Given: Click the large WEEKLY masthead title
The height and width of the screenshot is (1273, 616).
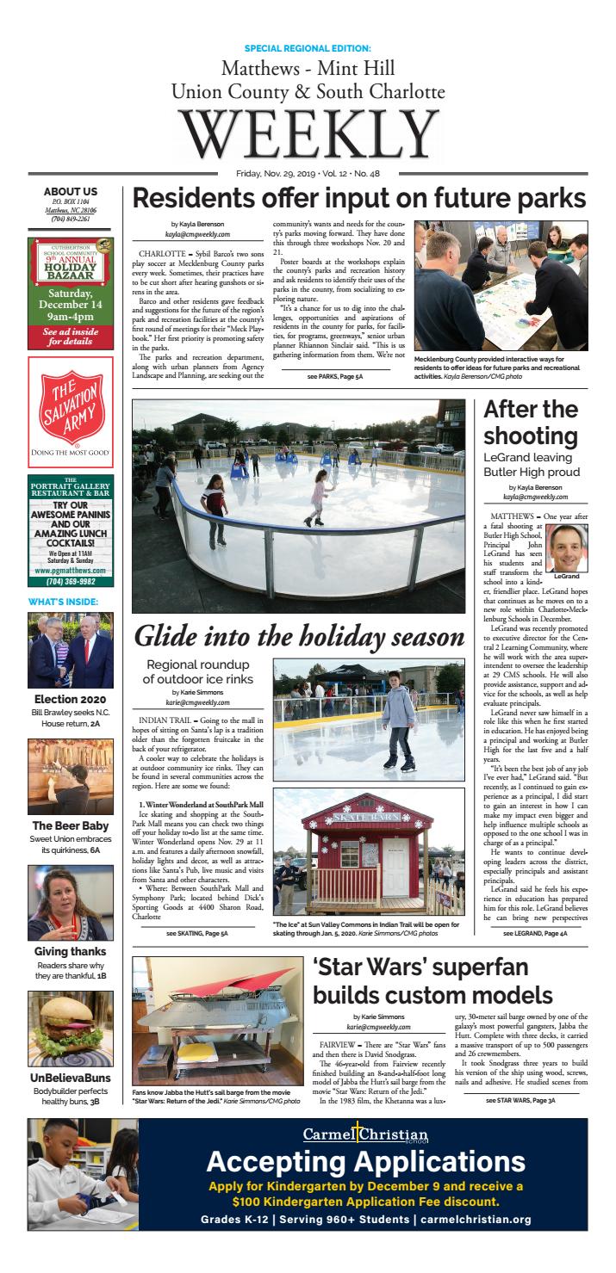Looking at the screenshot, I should point(308,136).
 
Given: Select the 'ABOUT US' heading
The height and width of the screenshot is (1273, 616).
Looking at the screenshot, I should point(71,191).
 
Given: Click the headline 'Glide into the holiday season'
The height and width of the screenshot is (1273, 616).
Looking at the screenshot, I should point(299,638).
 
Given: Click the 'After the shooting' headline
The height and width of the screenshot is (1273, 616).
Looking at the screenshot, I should point(531,422).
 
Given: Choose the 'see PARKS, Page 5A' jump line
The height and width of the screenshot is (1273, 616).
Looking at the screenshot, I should point(336,377).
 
